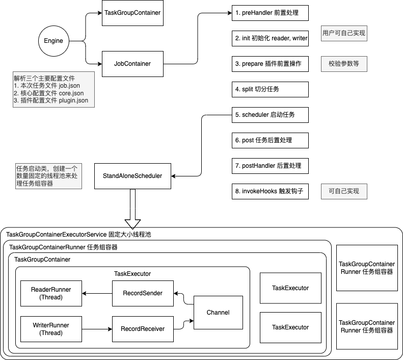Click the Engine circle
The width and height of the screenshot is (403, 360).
tap(53, 41)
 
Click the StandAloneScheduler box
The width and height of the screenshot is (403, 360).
tap(132, 176)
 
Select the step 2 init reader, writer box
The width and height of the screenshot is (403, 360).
tap(271, 39)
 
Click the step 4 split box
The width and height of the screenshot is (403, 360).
tap(271, 89)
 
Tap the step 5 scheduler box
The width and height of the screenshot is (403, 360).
tap(271, 115)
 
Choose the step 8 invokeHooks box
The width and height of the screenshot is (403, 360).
tap(271, 191)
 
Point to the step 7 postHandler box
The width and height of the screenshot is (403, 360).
tap(271, 166)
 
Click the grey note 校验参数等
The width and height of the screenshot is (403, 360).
tap(343, 64)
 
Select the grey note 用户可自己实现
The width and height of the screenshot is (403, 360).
tap(343, 33)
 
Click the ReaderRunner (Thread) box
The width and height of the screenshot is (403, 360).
tap(51, 293)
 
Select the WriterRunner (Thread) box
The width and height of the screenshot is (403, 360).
tap(51, 329)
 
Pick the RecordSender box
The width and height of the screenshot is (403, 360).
tap(143, 293)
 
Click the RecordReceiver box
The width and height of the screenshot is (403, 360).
tap(143, 329)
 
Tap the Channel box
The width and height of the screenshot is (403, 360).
tap(218, 312)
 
